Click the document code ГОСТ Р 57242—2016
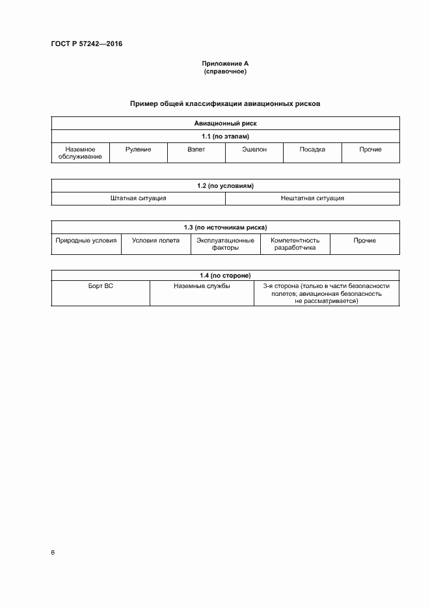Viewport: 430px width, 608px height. (x=87, y=44)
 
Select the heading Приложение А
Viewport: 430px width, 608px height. (x=225, y=64)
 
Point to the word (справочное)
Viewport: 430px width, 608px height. (x=225, y=72)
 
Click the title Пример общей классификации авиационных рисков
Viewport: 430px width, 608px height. (x=225, y=103)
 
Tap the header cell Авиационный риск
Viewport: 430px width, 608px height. (x=225, y=123)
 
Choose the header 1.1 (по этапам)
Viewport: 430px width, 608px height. (x=225, y=136)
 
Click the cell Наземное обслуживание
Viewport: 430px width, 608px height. (x=80, y=153)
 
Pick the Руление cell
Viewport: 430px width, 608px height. (x=138, y=150)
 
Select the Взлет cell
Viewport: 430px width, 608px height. (x=196, y=150)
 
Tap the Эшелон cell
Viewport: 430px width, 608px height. (x=254, y=150)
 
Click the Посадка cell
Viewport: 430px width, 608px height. (x=312, y=150)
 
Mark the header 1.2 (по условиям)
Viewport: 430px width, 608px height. (x=225, y=186)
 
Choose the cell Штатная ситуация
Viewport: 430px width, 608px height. (x=138, y=198)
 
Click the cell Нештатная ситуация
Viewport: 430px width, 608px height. (x=312, y=198)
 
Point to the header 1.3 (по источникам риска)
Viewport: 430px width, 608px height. (x=225, y=228)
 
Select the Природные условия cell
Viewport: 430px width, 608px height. (x=86, y=241)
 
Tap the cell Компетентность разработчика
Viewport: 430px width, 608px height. (x=295, y=244)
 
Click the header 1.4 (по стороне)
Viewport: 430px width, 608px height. (x=225, y=276)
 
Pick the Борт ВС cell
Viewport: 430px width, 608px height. (x=100, y=286)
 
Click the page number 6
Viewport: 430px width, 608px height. (x=53, y=553)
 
